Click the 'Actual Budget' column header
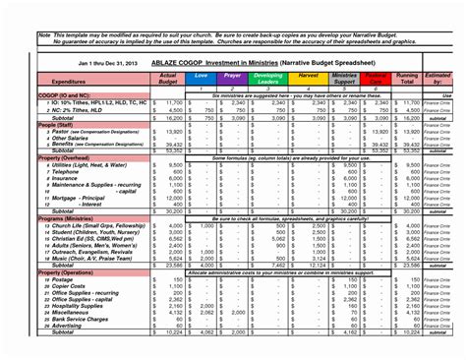[168, 79]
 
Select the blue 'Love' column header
[201, 75]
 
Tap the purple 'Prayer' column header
[233, 75]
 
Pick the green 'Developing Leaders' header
[268, 79]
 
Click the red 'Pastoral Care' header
[375, 79]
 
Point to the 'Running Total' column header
[407, 79]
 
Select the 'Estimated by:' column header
[438, 79]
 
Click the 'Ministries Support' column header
[343, 79]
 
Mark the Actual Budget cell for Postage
[169, 278]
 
